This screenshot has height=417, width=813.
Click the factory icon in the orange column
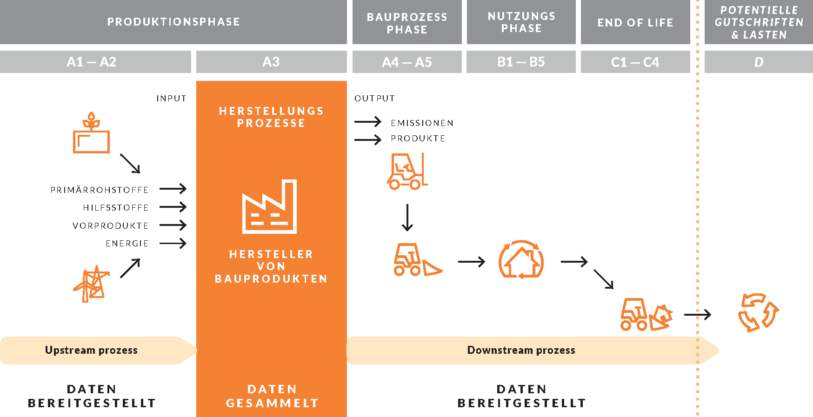(269, 206)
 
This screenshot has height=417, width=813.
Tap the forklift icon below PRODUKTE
(407, 171)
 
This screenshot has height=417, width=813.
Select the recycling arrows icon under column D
(759, 312)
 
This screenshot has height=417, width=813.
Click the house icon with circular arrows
(521, 259)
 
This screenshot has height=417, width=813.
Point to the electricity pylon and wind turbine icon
(92, 284)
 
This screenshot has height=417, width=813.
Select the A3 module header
(271, 62)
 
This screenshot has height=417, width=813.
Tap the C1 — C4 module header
(635, 62)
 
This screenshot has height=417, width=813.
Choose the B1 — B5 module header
(521, 62)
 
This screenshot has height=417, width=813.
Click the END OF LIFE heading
(635, 22)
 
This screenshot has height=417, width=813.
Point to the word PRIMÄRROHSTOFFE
(100, 190)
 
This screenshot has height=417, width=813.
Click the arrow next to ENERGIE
(173, 243)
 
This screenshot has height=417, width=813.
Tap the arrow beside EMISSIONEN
(368, 122)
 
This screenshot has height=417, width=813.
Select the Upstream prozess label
(91, 350)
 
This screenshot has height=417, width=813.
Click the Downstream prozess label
(521, 350)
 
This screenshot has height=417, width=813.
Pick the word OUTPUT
(375, 98)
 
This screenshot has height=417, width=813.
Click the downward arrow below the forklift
(407, 218)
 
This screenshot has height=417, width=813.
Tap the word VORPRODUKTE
(111, 225)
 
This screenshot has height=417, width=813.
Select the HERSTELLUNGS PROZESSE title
(271, 117)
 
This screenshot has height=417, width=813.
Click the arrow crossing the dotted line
(698, 315)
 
